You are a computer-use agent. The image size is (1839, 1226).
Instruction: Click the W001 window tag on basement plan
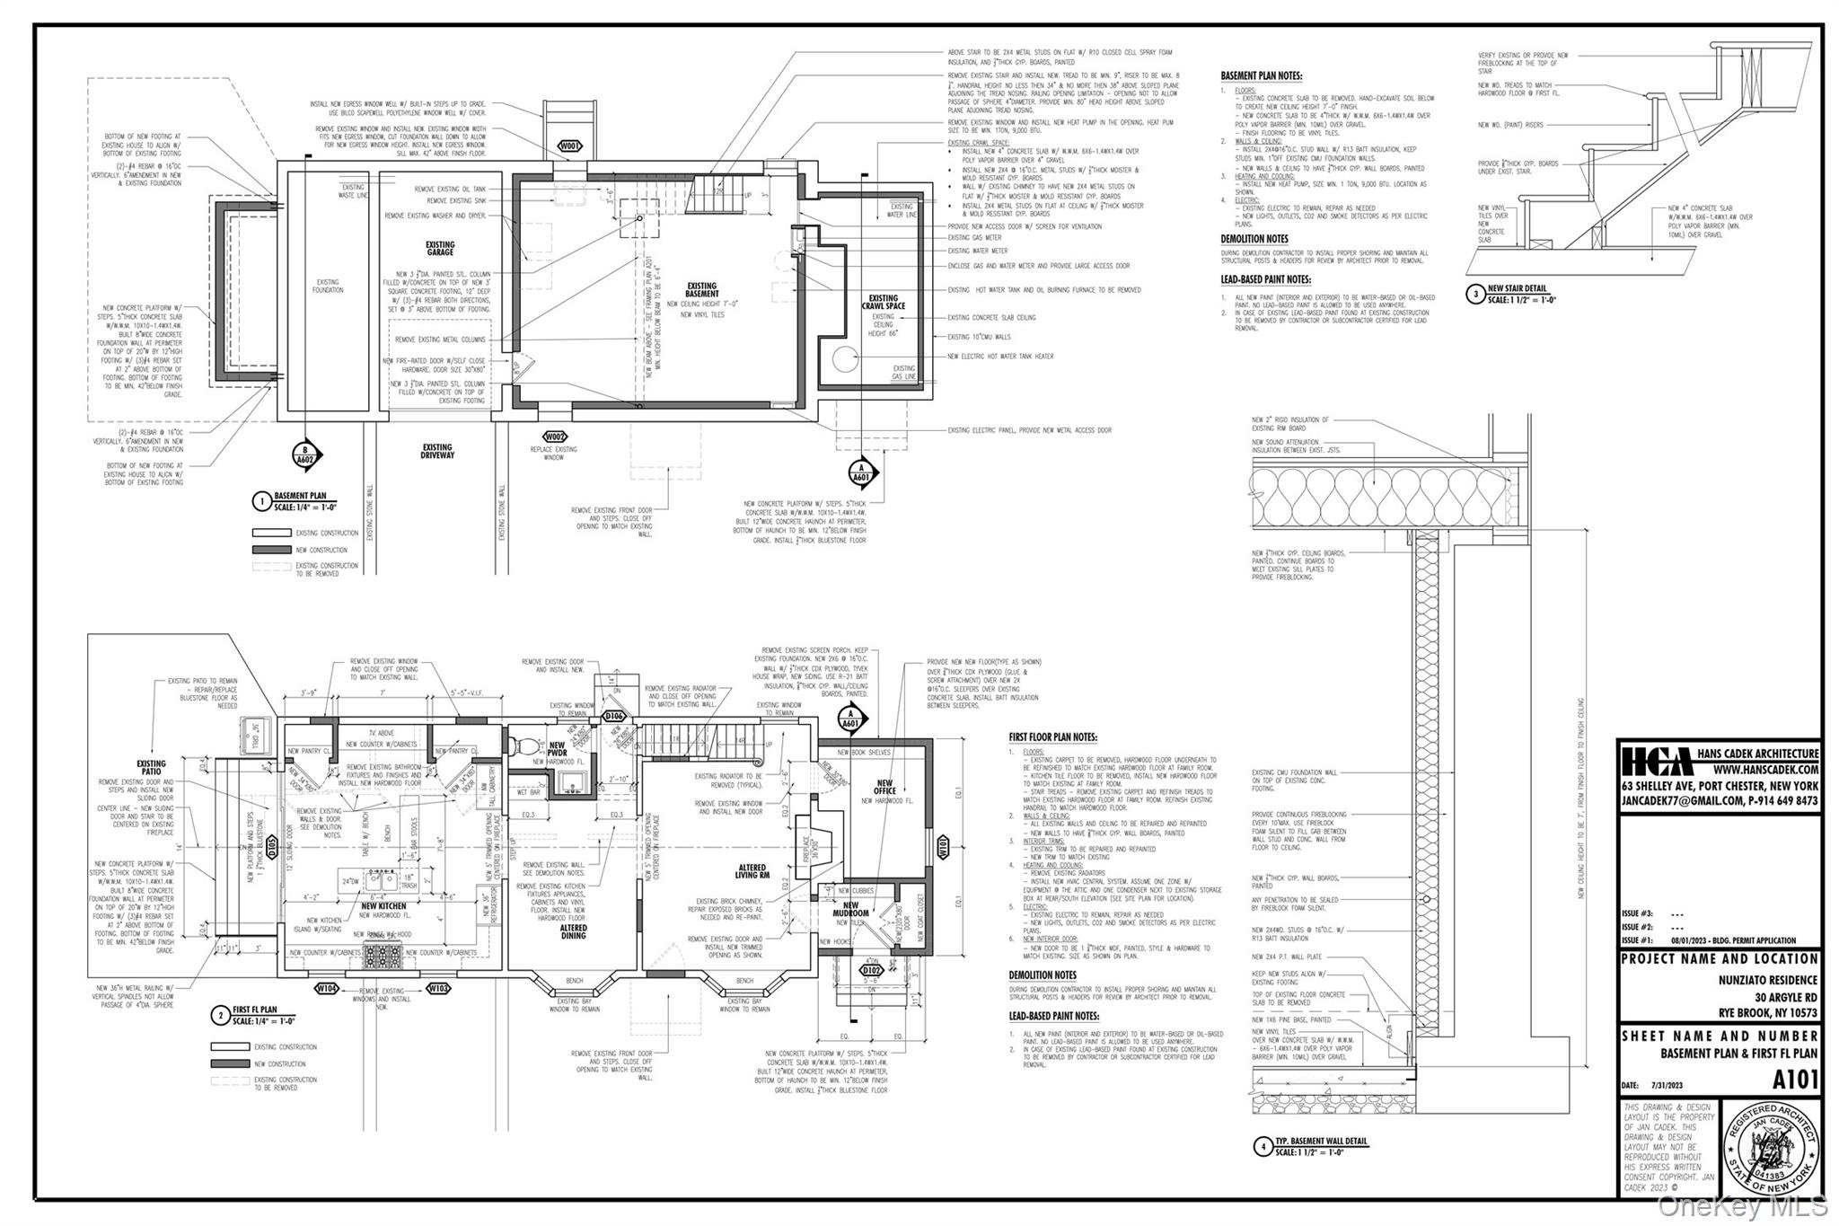pos(569,146)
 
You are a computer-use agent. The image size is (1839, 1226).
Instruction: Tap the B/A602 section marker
pos(305,455)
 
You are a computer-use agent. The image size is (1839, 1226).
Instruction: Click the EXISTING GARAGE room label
pos(440,249)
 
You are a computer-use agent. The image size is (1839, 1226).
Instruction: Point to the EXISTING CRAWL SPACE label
pos(883,302)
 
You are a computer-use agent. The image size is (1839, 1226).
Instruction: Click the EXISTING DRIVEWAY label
pos(437,451)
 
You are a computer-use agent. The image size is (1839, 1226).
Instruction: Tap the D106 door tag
pos(613,716)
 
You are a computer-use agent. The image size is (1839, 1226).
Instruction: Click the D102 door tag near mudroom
pos(870,970)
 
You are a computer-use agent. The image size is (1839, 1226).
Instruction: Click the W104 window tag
pos(327,989)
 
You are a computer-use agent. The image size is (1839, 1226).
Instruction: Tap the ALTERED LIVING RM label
pos(752,871)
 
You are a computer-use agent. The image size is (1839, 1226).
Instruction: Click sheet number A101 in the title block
pos(1795,1078)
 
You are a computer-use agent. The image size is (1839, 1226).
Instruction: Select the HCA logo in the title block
pos(1652,762)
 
